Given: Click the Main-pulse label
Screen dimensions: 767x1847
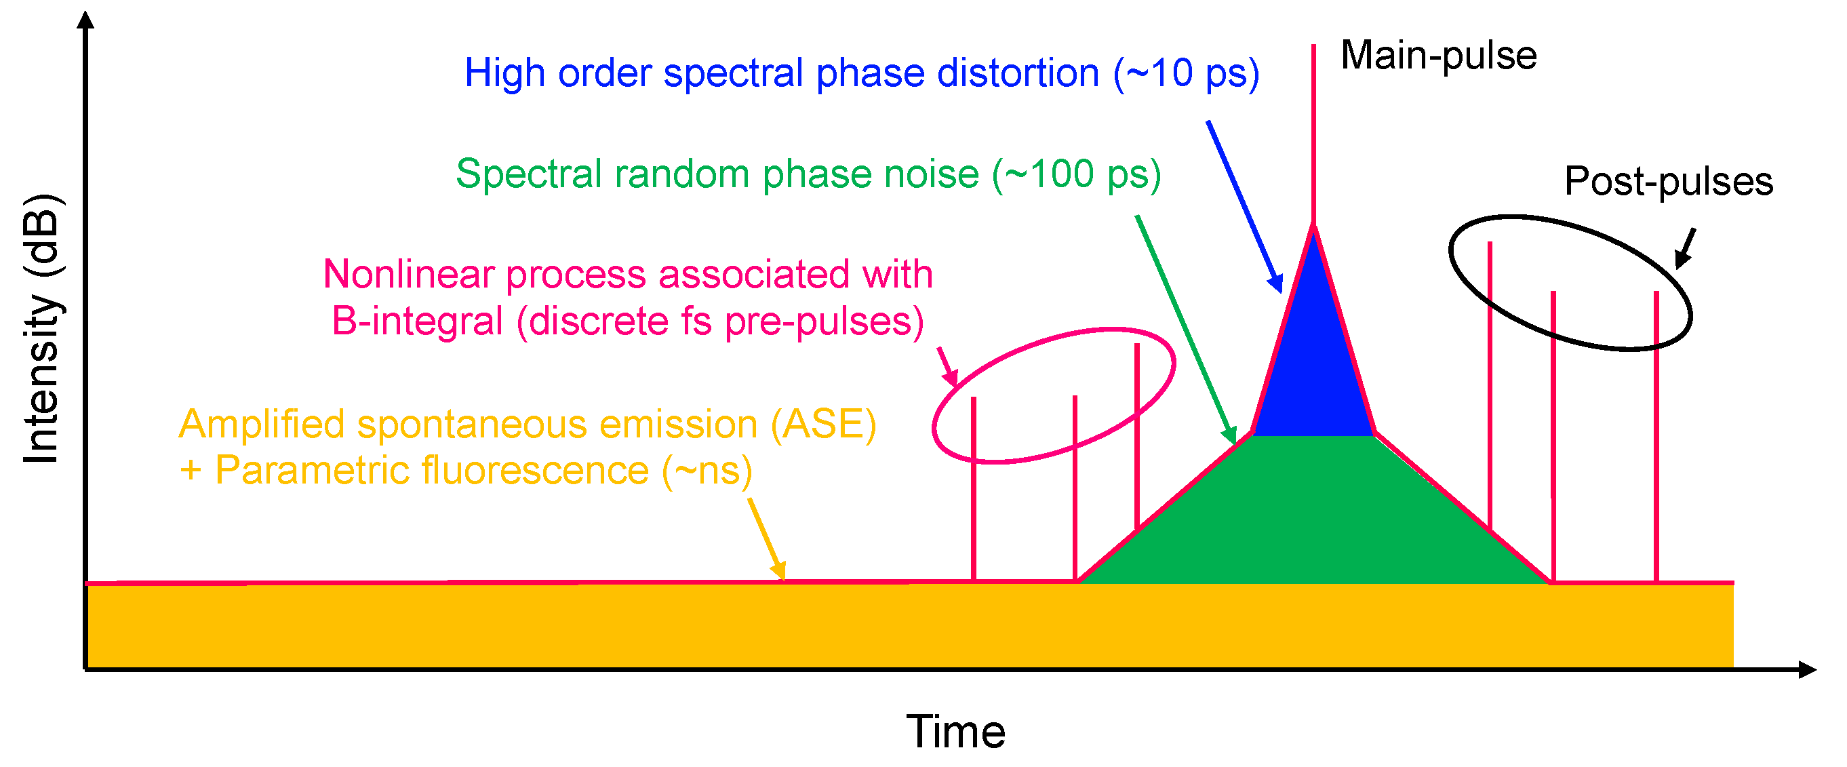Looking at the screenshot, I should pyautogui.click(x=1438, y=56).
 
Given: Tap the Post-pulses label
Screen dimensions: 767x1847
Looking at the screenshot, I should pyautogui.click(x=1669, y=181).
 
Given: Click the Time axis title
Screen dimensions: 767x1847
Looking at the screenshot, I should pyautogui.click(x=955, y=732).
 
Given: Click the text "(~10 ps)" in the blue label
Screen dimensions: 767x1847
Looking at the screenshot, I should pyautogui.click(x=1186, y=74).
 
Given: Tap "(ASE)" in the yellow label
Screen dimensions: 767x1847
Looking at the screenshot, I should pyautogui.click(x=823, y=425).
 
